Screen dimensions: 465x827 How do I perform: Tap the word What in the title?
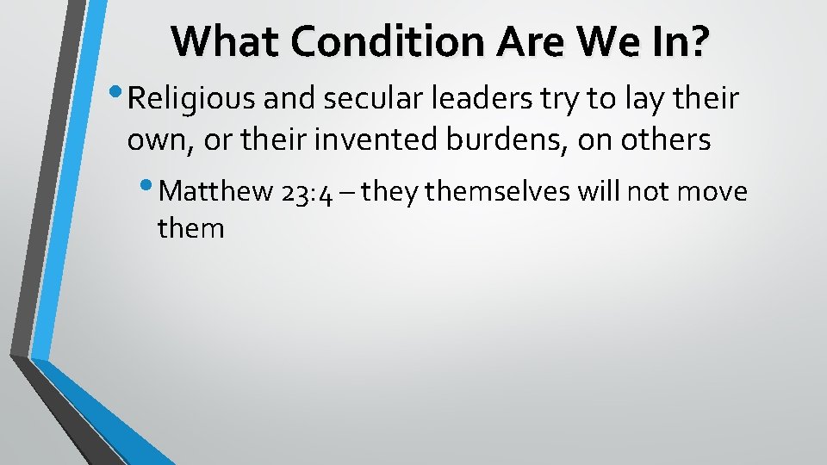[221, 40]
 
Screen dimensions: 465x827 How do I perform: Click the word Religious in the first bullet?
[191, 100]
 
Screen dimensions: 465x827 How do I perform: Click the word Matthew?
[217, 191]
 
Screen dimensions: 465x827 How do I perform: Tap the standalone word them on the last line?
[190, 229]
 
